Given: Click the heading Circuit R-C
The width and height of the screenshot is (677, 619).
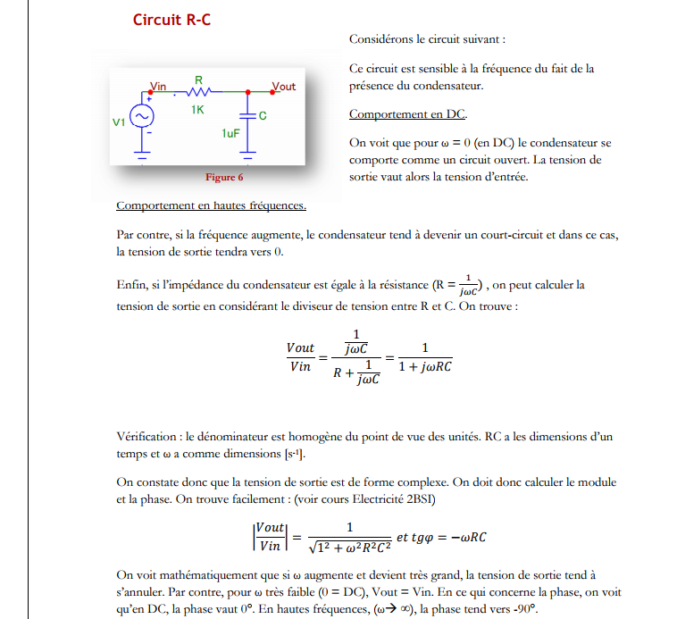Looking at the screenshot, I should click(x=172, y=20).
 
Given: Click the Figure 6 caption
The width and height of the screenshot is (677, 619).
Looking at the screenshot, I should click(x=224, y=177).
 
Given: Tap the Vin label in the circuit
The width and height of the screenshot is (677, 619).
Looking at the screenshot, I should click(x=158, y=86).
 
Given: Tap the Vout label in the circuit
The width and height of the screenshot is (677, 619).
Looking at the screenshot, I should click(x=284, y=87).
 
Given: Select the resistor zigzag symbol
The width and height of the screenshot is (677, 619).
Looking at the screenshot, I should click(x=198, y=92).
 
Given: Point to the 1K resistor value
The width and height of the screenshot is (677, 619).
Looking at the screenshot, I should click(x=197, y=110).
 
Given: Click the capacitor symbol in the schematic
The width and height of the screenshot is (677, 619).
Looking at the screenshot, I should click(x=247, y=117).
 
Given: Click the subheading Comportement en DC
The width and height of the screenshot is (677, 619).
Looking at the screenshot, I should click(x=407, y=114).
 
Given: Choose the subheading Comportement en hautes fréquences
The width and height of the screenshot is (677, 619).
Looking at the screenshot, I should click(x=211, y=205).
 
